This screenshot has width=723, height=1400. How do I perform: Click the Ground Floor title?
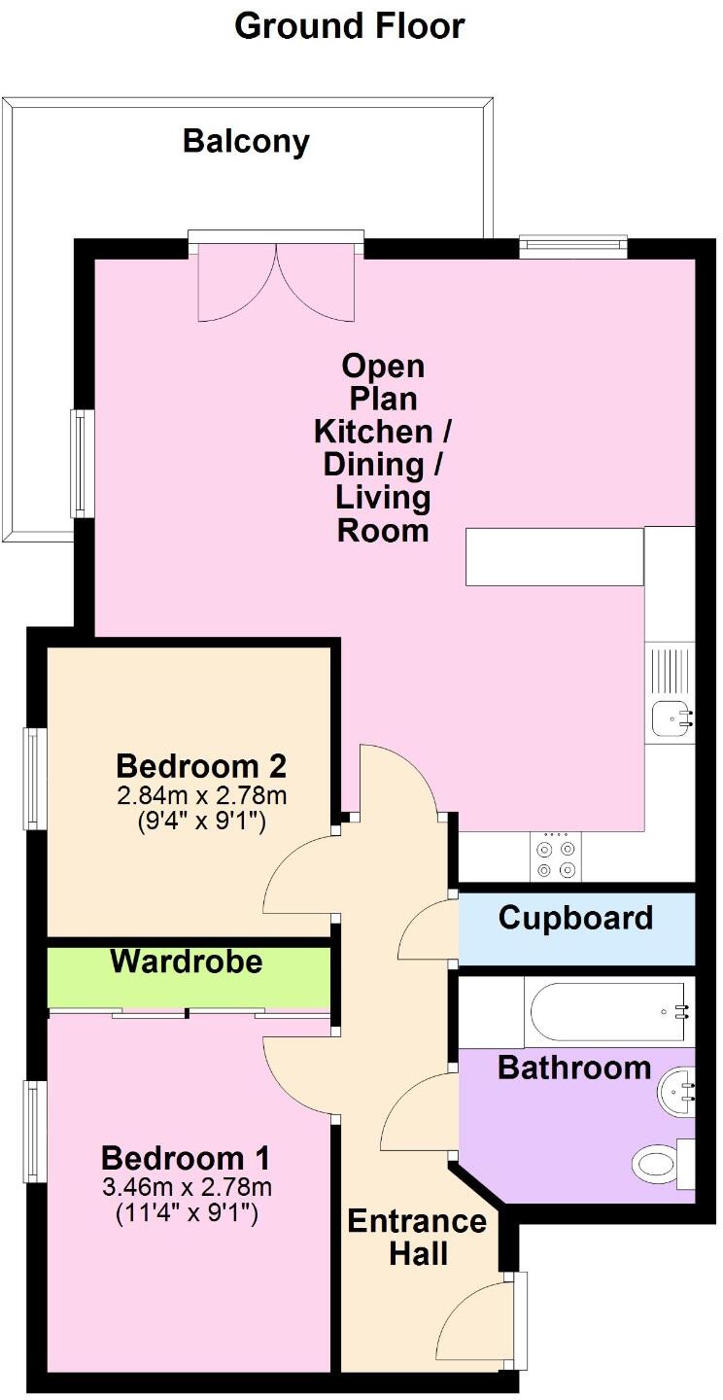[x=350, y=26]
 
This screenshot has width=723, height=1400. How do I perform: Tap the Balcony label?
[x=246, y=142]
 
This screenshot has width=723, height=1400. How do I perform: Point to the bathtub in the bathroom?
[x=609, y=1012]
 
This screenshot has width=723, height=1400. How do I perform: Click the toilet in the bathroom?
[x=657, y=1163]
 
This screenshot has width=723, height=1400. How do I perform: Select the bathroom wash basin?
[x=677, y=1092]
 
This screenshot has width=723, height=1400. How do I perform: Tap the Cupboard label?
[x=575, y=918]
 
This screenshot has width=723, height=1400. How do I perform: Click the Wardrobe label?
[x=187, y=962]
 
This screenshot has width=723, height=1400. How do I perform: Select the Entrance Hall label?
[x=418, y=1237]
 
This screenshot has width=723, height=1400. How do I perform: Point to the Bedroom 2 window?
[x=35, y=778]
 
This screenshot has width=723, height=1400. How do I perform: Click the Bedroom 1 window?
[x=35, y=1132]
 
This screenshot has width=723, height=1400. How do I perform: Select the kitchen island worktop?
[x=555, y=557]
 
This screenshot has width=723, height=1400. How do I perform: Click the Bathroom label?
[x=574, y=1067]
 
